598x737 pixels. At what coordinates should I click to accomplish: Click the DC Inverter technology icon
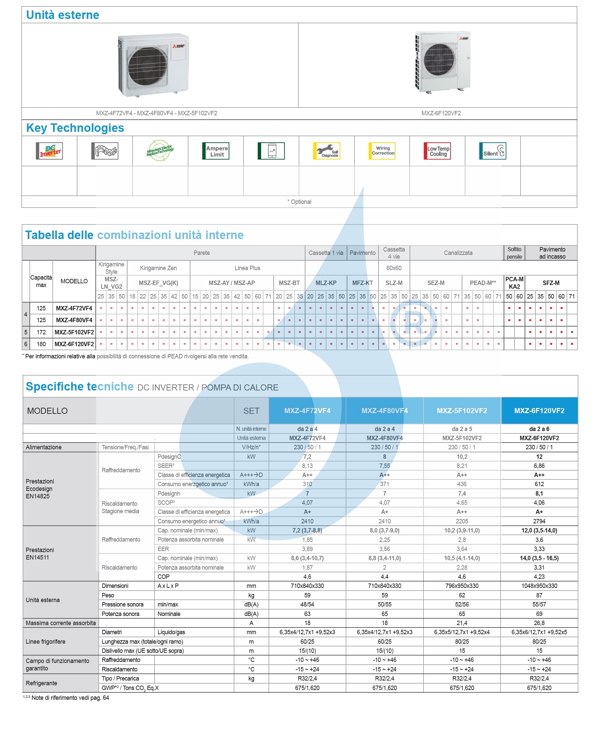click(x=49, y=151)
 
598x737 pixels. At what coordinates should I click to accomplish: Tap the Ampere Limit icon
click(x=216, y=151)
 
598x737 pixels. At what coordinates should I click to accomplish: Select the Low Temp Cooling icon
click(x=437, y=151)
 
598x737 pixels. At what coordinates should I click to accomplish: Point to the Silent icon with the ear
click(x=492, y=151)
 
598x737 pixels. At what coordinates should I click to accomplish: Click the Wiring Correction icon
click(x=382, y=151)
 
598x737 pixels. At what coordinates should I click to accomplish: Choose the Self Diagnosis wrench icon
click(x=326, y=151)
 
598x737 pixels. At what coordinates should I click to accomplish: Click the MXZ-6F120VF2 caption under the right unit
click(x=441, y=113)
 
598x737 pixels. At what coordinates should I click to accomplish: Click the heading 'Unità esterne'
click(x=63, y=15)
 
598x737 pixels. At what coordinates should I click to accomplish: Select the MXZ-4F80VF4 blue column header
click(x=385, y=411)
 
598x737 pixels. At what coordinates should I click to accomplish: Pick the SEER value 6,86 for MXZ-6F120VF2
click(x=539, y=466)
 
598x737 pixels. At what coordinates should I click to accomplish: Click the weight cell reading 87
click(x=539, y=595)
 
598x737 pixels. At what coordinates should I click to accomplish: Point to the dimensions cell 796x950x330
click(x=462, y=586)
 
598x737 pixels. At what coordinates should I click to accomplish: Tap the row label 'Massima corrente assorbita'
click(x=61, y=623)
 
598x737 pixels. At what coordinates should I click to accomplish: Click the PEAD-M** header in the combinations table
click(x=483, y=283)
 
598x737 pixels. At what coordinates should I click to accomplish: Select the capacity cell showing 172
click(x=41, y=332)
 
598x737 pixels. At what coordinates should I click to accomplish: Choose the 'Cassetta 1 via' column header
click(x=326, y=253)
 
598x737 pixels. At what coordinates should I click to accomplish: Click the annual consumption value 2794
click(x=539, y=521)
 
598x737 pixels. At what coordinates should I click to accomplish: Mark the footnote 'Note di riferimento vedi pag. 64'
click(x=70, y=698)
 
